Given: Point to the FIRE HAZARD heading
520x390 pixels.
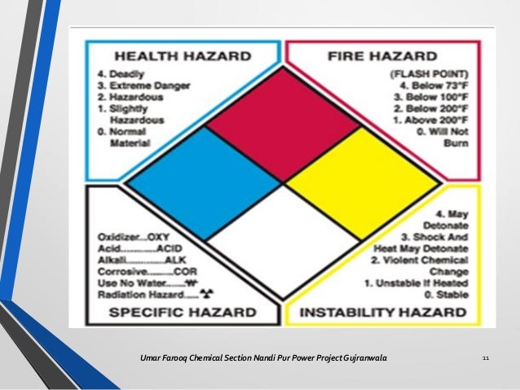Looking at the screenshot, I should [x=382, y=57].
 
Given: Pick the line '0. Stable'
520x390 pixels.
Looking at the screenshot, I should [x=447, y=294].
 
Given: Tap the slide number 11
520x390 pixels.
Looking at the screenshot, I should [x=486, y=358].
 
